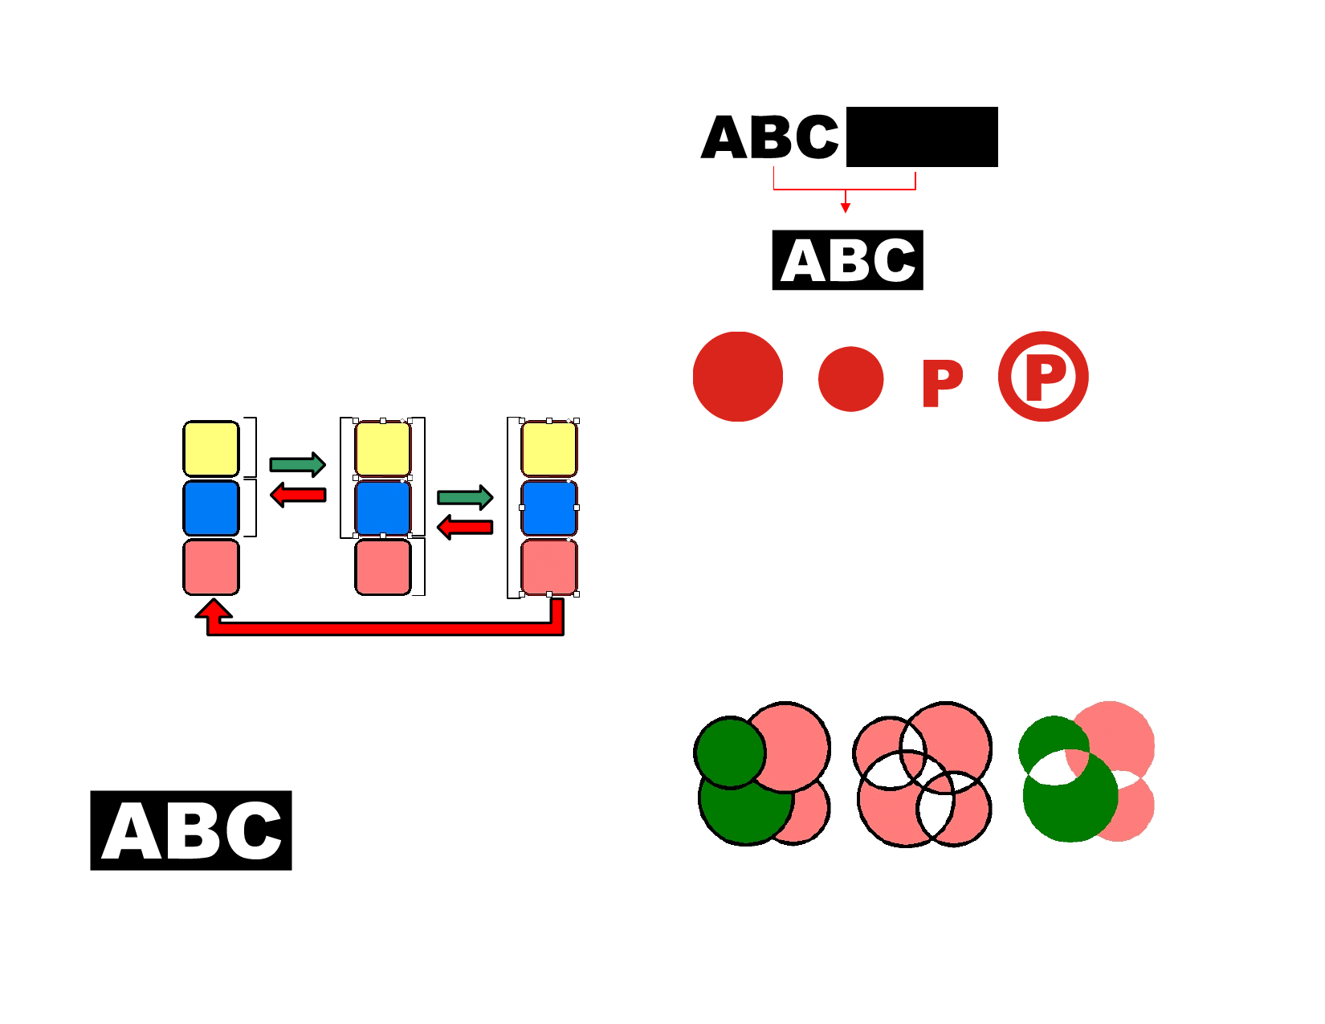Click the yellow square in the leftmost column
coord(211,449)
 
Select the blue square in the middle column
coord(383,508)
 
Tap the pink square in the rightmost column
coord(549,567)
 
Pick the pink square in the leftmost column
coord(211,567)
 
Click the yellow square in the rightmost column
coord(549,449)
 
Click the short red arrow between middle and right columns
coord(465,528)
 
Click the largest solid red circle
coord(737,377)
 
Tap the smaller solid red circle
coord(850,379)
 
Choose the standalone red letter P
coord(941,383)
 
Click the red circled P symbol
coord(1043,376)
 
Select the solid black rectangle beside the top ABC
coord(922,137)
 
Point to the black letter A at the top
coord(725,138)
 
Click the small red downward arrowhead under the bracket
coord(845,208)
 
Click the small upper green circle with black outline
coord(730,752)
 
